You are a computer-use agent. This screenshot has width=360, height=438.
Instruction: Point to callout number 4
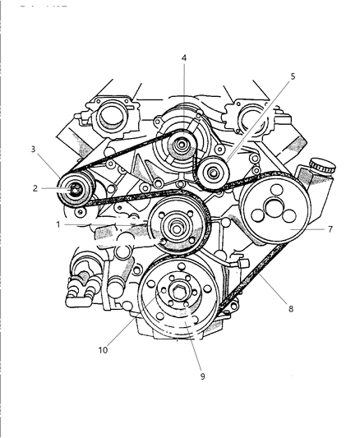[x=183, y=58]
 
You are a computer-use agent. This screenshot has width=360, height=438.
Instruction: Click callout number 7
[x=330, y=229]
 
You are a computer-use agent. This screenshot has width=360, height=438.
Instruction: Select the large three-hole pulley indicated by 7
[x=271, y=213]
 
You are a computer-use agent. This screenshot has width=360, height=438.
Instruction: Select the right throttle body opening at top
[x=247, y=116]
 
